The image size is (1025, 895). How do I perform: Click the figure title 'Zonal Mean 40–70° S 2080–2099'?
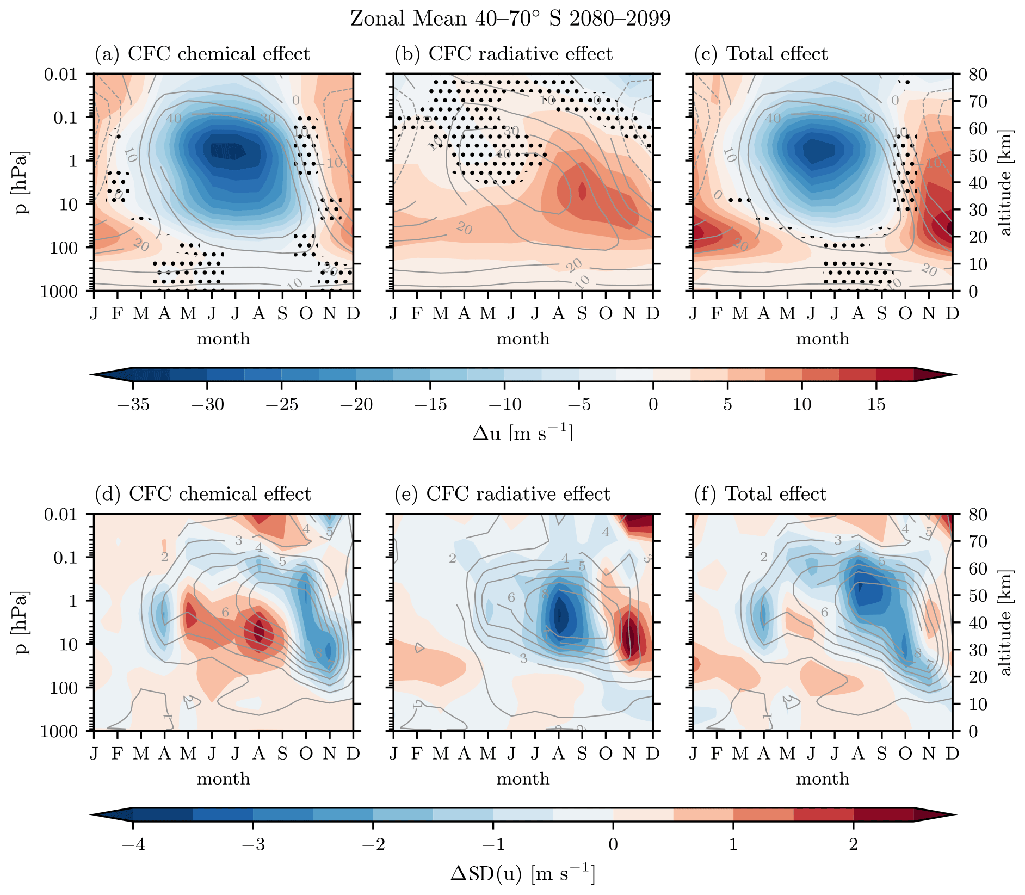[510, 19]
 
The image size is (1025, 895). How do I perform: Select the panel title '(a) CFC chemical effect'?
[202, 54]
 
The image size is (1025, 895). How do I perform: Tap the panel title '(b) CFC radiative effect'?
[503, 54]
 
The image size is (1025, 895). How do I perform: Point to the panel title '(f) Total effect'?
[760, 494]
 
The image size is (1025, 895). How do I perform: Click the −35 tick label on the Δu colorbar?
[133, 405]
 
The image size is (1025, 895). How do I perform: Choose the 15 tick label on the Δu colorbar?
[876, 405]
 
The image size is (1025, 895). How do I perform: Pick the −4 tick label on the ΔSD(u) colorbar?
[133, 844]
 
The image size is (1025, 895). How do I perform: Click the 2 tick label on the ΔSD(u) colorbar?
[853, 844]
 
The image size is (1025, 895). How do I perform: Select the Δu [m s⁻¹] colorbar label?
[523, 433]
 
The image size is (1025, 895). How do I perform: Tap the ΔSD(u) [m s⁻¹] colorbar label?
[523, 873]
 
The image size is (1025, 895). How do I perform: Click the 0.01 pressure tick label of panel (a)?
[61, 74]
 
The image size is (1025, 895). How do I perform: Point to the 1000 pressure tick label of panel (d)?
[61, 731]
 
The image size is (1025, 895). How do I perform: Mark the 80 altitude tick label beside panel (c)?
[977, 74]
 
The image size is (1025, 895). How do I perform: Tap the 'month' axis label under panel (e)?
[523, 779]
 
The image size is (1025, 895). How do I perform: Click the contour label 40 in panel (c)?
[773, 118]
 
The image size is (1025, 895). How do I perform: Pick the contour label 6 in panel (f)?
[825, 612]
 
